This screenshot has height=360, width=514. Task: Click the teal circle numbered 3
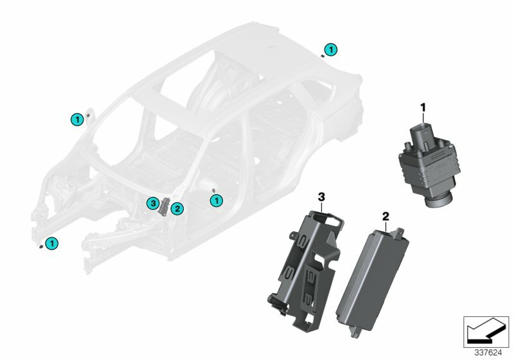[152, 203]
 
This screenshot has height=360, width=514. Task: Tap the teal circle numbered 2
[177, 208]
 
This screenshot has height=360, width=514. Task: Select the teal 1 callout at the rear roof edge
[330, 49]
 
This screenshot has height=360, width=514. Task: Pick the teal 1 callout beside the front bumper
[51, 243]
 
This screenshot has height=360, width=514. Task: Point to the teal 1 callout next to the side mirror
[76, 118]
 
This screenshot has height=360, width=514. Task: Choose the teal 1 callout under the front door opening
[217, 201]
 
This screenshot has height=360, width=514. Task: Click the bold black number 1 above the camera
[423, 105]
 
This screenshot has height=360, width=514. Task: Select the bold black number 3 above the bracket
[321, 194]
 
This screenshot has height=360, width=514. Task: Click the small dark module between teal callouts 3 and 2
[164, 206]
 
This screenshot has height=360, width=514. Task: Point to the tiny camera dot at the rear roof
[322, 57]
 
